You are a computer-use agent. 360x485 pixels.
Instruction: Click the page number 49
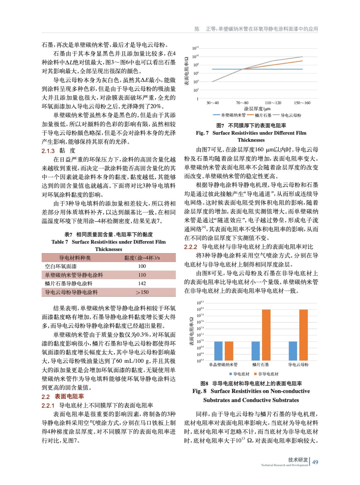(315, 462)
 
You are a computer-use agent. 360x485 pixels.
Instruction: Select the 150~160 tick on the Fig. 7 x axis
(302, 103)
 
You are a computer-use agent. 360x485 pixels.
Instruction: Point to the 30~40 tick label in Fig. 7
(212, 103)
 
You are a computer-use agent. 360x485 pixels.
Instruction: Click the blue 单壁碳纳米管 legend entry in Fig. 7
(229, 115)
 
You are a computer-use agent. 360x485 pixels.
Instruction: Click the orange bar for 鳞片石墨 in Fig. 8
(266, 335)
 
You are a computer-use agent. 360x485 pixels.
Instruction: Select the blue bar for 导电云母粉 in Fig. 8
(293, 351)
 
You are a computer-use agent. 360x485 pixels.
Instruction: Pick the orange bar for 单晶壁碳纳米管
(229, 351)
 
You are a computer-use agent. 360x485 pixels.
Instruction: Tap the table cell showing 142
(142, 283)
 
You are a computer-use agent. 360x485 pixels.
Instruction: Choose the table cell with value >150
(142, 292)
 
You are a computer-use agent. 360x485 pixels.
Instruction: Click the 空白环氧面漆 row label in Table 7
(61, 266)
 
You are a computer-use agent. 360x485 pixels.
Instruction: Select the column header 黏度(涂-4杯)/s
(142, 258)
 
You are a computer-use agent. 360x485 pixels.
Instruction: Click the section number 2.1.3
(48, 151)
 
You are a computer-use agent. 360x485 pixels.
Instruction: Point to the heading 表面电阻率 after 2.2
(69, 396)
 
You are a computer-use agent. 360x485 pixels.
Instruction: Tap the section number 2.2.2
(190, 247)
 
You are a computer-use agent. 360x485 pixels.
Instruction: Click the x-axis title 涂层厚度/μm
(257, 109)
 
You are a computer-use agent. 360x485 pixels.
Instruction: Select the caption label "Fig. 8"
(199, 391)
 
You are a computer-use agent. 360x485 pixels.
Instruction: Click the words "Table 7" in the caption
(60, 242)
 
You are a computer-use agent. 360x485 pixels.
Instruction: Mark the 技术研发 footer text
(298, 460)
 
